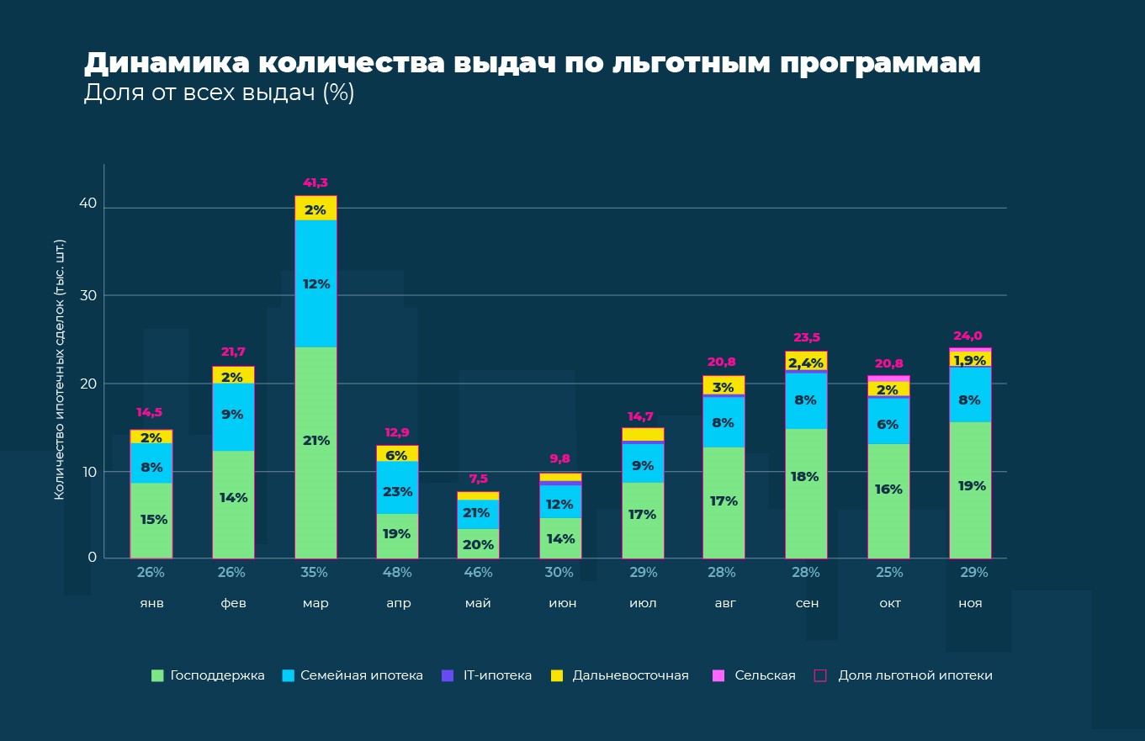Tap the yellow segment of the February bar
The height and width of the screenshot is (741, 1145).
(233, 375)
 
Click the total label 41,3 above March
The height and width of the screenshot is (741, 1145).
(315, 183)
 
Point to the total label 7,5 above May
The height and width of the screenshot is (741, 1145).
(478, 479)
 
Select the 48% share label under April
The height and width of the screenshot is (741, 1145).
(397, 573)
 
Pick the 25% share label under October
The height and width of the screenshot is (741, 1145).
(888, 573)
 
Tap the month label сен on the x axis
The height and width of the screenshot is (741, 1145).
(806, 604)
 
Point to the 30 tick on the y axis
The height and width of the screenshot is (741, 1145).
(88, 295)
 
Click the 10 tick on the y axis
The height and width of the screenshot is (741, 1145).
(88, 472)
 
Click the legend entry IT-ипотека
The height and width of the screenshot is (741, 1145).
(497, 675)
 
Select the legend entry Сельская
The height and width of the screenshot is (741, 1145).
(764, 675)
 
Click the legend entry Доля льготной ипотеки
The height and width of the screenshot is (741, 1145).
(914, 675)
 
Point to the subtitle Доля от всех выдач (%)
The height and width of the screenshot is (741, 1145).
(219, 93)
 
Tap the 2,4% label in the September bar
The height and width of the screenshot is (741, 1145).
(806, 363)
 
